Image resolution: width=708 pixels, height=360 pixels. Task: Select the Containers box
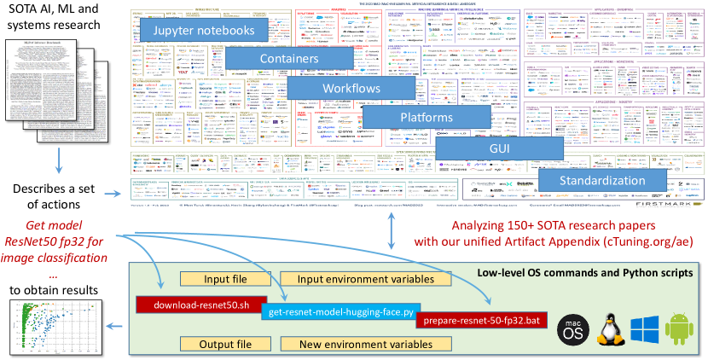(289, 60)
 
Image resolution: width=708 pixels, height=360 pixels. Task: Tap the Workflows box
(350, 89)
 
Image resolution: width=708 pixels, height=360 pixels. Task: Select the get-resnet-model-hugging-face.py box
(338, 312)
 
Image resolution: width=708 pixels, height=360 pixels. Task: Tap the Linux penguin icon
(610, 328)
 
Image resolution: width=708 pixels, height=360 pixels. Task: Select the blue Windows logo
(646, 328)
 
